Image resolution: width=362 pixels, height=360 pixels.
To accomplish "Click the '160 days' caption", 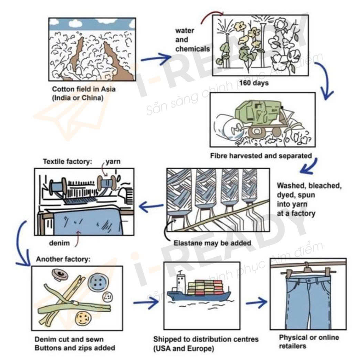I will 254,83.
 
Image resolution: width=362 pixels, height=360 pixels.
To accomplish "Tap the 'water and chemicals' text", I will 192,40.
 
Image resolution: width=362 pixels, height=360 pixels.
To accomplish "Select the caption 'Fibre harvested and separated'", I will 261,156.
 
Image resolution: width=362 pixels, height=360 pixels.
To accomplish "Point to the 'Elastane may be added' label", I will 212,243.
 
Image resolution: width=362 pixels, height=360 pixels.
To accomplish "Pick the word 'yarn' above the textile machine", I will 113,161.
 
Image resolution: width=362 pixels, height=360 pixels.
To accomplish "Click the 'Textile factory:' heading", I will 68,161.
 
